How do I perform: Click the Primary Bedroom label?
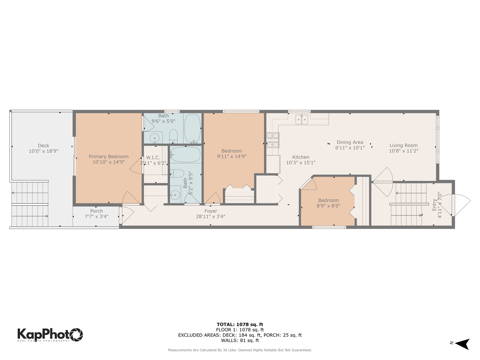(x=108, y=156)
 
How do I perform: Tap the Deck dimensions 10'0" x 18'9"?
(x=43, y=151)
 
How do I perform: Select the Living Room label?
(x=403, y=145)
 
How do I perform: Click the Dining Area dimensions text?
(x=350, y=148)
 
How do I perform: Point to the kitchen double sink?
(x=302, y=119)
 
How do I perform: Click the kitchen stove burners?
(x=272, y=140)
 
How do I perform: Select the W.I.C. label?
(x=153, y=158)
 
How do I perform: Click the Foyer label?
(x=211, y=211)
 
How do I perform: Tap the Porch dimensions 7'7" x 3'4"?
(x=96, y=216)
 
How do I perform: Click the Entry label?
(x=434, y=205)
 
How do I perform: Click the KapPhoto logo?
(x=50, y=334)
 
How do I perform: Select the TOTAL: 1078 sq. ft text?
(x=240, y=324)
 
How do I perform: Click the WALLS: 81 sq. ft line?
(x=240, y=340)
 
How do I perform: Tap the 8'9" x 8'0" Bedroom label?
(x=328, y=200)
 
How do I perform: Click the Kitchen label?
(x=301, y=157)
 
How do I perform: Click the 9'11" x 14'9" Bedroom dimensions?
(x=232, y=156)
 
